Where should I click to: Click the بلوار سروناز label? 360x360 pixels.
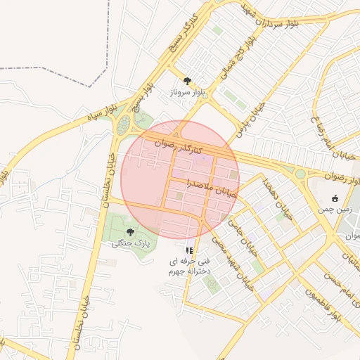[x=186, y=92]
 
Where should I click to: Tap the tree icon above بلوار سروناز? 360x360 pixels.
[x=187, y=81]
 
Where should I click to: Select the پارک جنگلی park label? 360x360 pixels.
[x=131, y=243]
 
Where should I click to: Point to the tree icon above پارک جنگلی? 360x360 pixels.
[x=130, y=232]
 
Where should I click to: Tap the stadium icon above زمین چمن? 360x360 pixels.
[x=335, y=198]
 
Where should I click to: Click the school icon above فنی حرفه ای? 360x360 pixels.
[x=188, y=250]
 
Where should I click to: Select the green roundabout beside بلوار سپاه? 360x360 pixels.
[x=124, y=126]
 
